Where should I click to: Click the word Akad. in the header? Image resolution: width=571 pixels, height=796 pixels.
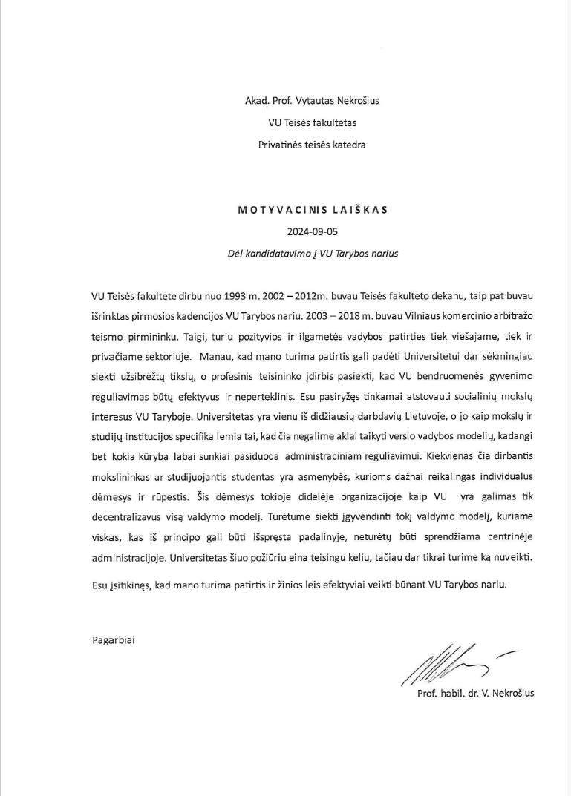coord(256,100)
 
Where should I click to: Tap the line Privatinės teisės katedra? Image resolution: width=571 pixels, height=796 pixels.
coord(312,145)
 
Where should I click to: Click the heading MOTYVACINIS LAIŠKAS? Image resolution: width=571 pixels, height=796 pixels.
coord(313,210)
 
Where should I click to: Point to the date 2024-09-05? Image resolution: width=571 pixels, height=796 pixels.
coord(312,231)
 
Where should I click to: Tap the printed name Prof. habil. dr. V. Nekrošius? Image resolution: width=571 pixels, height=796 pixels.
coord(476,694)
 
